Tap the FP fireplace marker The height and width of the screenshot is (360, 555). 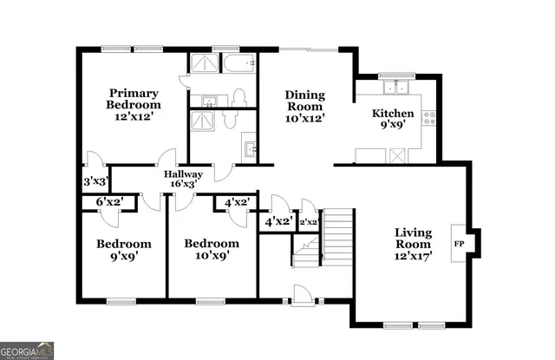click(x=458, y=244)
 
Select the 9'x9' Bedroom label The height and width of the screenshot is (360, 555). click(x=123, y=250)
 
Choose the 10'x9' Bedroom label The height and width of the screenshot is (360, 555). click(x=211, y=250)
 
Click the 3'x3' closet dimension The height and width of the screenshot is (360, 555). click(x=95, y=182)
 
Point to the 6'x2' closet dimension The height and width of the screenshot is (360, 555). click(x=109, y=203)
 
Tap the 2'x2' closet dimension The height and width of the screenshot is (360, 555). click(x=308, y=221)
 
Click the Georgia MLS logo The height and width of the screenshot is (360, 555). click(x=27, y=350)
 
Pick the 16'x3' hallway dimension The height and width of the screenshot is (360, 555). click(x=183, y=184)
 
